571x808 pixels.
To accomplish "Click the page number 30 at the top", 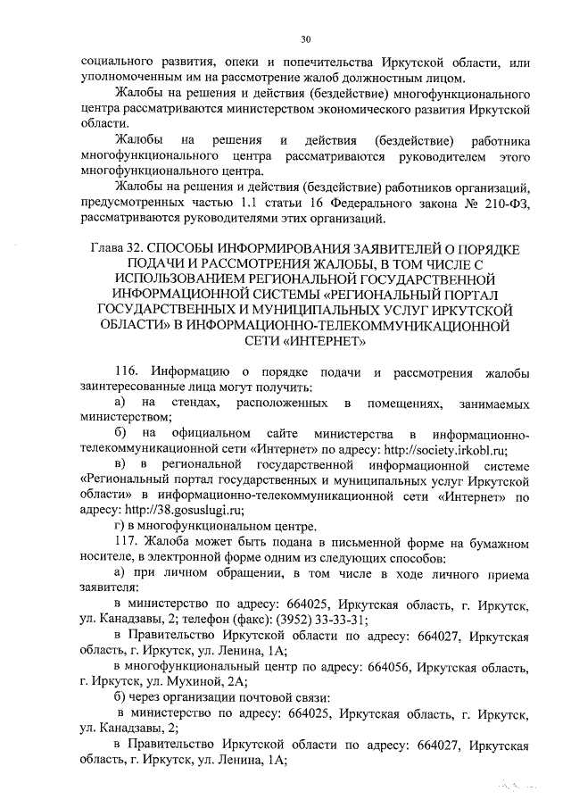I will [x=304, y=39].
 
